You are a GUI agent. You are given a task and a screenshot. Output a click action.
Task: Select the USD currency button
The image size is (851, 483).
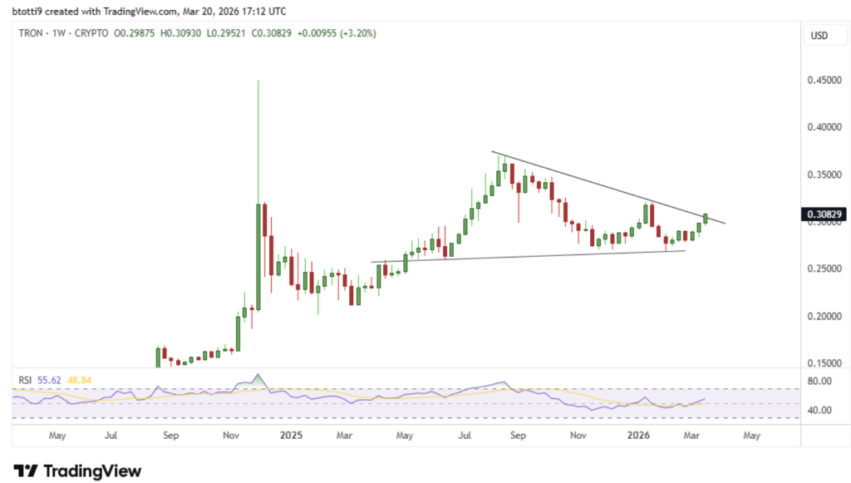(821, 36)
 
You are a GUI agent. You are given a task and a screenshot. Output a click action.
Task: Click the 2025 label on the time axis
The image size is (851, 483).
(291, 435)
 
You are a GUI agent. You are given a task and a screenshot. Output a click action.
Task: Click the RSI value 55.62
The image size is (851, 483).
(49, 380)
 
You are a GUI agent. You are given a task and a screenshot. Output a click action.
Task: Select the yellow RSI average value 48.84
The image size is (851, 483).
(81, 380)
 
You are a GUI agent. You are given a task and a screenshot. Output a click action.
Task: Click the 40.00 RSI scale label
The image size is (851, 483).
(821, 411)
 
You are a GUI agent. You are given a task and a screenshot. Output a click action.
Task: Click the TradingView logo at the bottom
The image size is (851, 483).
(76, 471)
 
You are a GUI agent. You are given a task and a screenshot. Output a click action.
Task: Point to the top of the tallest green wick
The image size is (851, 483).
(258, 81)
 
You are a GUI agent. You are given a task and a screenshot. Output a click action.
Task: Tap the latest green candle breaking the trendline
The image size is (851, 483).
(706, 218)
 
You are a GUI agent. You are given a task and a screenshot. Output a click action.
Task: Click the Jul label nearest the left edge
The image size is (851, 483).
(111, 435)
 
